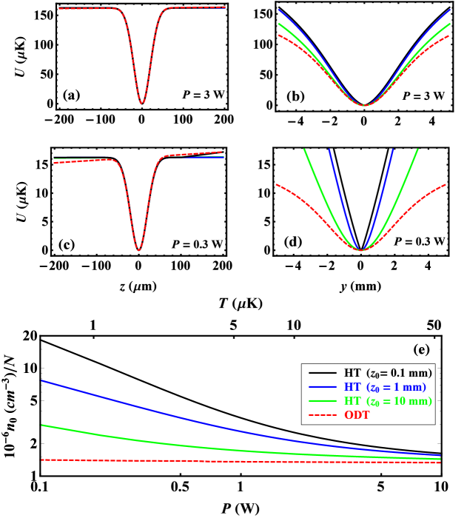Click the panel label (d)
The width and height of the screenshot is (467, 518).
point(293,242)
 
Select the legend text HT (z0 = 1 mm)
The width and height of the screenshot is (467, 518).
point(385,387)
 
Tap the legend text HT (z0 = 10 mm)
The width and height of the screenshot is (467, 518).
point(388,401)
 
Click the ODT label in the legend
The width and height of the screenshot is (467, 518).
point(357,415)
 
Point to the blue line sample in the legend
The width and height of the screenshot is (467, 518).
point(323,387)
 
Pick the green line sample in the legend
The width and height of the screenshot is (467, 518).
point(323,401)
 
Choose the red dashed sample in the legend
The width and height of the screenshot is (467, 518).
point(323,415)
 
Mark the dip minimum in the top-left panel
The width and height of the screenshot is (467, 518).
point(141,103)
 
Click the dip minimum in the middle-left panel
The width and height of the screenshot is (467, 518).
point(138,250)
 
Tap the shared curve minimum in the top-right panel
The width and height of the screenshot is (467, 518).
point(364,105)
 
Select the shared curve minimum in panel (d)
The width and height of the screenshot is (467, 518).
point(361,250)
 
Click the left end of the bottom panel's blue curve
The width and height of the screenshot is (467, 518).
point(42,380)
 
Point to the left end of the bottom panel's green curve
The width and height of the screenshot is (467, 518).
point(42,425)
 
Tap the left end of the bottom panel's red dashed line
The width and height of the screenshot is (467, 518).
point(42,460)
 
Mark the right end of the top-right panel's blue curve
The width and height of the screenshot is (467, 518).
point(451,10)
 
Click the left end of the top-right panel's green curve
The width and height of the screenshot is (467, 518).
point(278,23)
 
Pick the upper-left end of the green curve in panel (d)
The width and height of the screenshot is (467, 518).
point(304,149)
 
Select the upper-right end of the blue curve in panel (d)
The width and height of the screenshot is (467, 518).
point(392,149)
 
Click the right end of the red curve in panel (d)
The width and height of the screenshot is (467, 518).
point(446,184)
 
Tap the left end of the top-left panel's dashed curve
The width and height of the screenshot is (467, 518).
point(59,9)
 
